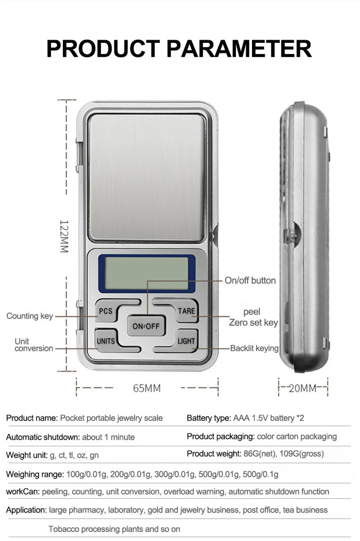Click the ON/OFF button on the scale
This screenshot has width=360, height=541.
(x=146, y=326)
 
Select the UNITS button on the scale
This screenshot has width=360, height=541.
(x=106, y=341)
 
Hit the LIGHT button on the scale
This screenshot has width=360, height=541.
(x=186, y=341)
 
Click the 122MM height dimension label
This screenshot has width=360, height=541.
(x=64, y=236)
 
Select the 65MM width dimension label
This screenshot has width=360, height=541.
(x=147, y=388)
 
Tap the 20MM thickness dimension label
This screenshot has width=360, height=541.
(x=302, y=388)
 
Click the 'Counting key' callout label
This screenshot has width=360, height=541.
(x=30, y=316)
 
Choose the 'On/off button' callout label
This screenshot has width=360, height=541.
(x=250, y=280)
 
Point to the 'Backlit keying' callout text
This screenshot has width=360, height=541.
(x=254, y=348)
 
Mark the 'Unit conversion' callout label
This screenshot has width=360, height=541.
(x=34, y=345)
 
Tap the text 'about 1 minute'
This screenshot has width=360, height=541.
(x=108, y=437)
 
